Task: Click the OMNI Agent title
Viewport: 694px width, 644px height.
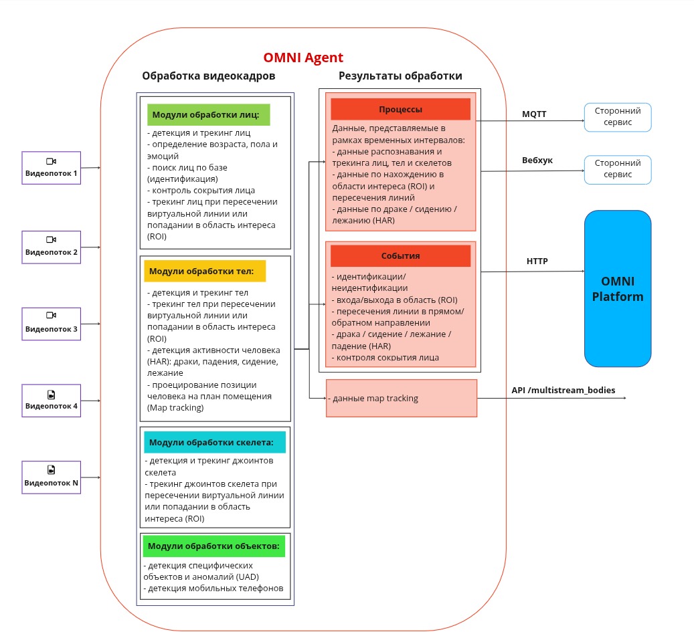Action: [303, 58]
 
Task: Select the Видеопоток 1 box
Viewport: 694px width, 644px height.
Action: [51, 168]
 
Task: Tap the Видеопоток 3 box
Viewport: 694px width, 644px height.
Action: [51, 324]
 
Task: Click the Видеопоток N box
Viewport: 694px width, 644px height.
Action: [51, 477]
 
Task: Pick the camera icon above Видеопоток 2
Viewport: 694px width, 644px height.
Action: [51, 239]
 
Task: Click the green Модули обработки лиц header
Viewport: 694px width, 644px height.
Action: [208, 114]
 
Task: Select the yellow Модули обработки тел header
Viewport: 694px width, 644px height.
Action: [205, 272]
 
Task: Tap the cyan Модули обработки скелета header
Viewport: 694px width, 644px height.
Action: [214, 442]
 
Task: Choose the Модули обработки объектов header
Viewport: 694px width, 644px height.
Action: [214, 546]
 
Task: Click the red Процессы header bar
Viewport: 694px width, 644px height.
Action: [400, 110]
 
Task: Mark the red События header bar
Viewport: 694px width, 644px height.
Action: [400, 255]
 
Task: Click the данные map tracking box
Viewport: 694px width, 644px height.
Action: [401, 399]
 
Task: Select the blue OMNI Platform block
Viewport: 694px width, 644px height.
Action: [617, 288]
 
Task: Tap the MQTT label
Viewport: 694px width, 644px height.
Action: [534, 114]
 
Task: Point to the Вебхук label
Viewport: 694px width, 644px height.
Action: [537, 160]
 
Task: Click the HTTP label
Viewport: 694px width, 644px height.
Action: [537, 261]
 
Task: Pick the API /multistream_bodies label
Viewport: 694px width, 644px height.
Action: [563, 390]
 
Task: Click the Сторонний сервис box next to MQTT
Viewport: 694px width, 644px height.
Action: [617, 117]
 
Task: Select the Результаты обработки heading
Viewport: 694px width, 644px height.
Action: [400, 76]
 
